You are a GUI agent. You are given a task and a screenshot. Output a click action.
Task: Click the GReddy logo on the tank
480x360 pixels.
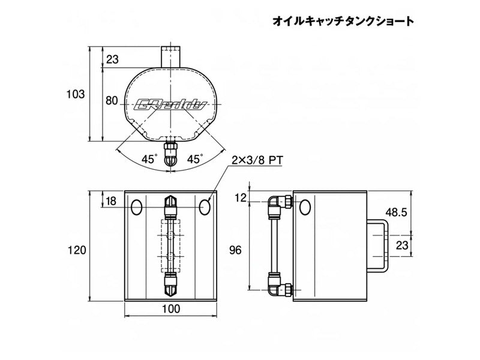[x=173, y=106]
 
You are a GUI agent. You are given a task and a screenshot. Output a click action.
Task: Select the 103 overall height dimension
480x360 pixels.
[x=75, y=94]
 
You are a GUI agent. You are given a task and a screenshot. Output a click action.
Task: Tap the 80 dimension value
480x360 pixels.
[x=111, y=101]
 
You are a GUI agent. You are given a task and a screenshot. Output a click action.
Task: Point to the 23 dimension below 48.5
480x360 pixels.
[x=402, y=245]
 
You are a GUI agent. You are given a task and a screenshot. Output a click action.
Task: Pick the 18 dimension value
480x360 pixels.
[x=111, y=201]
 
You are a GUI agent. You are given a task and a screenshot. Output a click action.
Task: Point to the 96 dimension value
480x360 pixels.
[x=236, y=250]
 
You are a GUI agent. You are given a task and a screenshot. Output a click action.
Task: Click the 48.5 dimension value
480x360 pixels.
[x=397, y=212]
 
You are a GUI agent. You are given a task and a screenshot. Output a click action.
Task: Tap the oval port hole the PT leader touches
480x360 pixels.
[x=206, y=207]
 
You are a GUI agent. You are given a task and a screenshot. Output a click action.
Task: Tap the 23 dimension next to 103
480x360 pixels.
[x=112, y=59]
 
